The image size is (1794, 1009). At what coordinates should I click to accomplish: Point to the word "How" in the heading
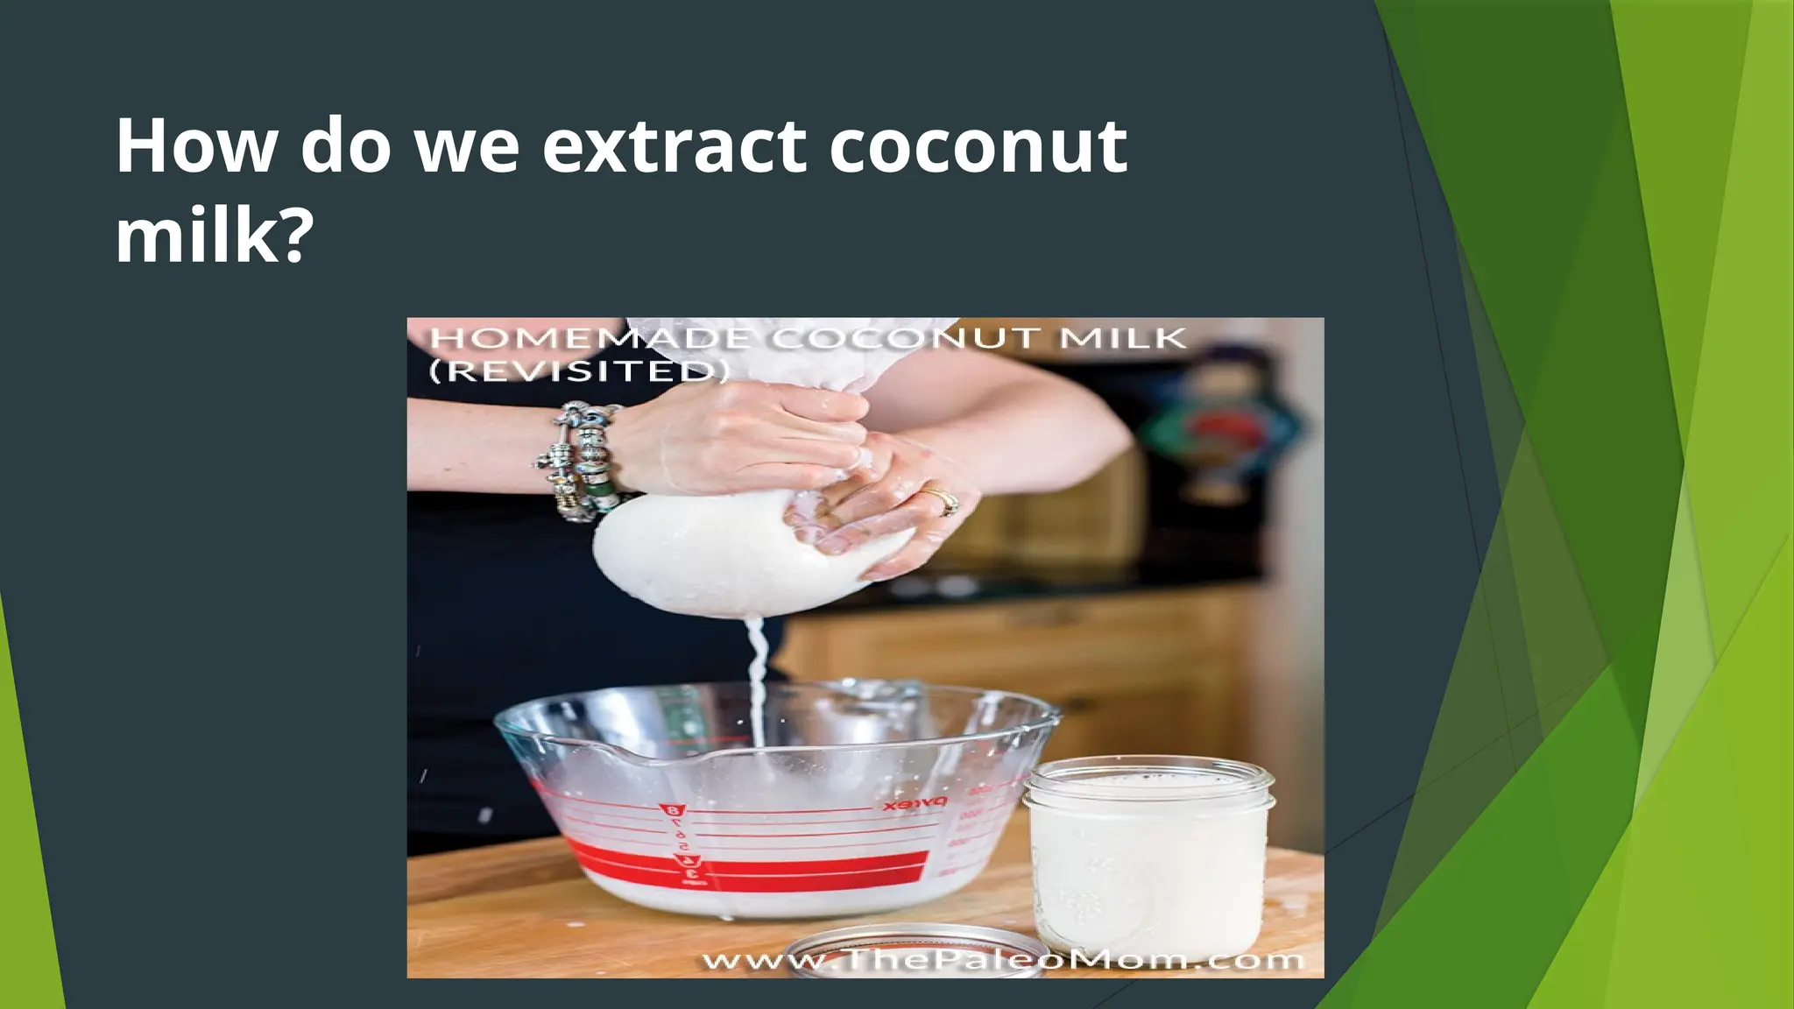point(195,146)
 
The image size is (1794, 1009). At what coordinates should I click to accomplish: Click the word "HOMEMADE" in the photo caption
point(590,339)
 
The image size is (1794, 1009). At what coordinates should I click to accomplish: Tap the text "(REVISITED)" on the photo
point(579,371)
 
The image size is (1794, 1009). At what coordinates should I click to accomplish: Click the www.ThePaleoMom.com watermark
point(1003,960)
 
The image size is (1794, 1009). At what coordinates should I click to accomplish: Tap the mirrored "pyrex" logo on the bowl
point(915,801)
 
